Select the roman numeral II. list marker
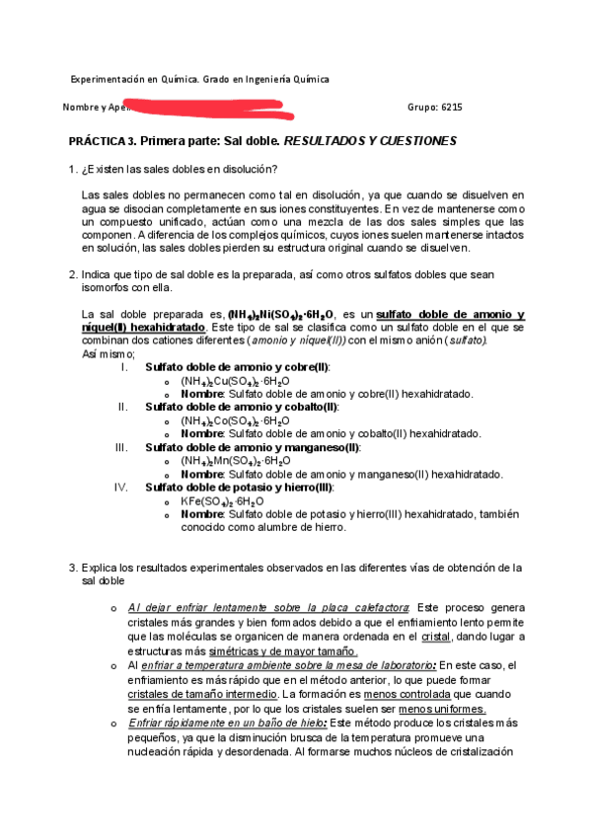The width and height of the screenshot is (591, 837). [x=123, y=407]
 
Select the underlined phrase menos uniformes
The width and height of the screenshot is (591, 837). [x=441, y=709]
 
